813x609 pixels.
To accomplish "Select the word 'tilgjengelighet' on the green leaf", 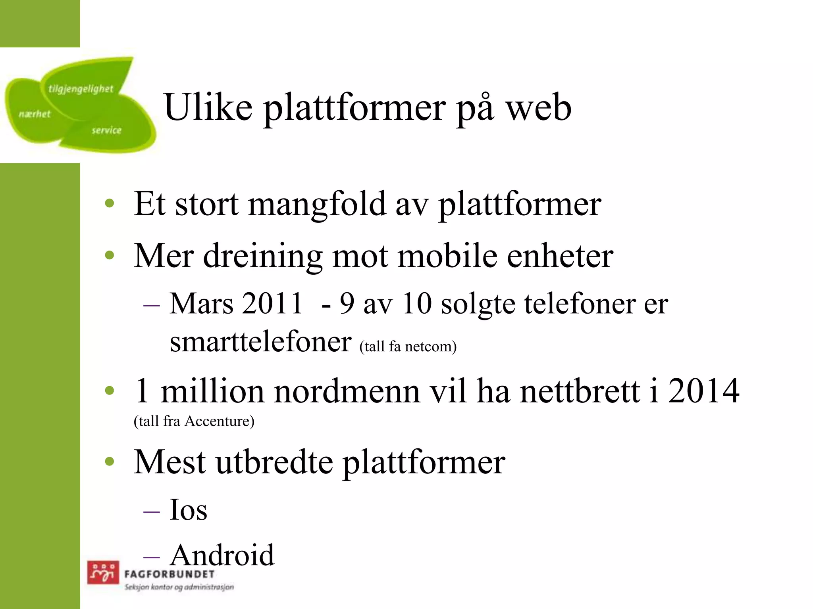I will point(81,89).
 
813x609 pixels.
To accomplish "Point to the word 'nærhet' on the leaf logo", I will point(35,114).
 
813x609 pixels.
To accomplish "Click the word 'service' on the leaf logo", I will point(106,130).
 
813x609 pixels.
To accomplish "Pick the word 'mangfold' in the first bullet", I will point(317,205).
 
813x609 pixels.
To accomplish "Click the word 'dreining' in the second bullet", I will point(262,256).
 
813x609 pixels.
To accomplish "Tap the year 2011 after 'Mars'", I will point(272,304).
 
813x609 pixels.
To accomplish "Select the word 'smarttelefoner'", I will point(260,342).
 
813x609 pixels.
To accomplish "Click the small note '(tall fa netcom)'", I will point(408,347).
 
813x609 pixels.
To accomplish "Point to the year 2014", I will point(703,391).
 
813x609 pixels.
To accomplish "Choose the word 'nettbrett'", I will point(580,391).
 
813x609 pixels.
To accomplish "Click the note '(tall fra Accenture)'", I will point(194,421).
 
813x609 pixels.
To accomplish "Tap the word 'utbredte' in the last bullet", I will point(274,462).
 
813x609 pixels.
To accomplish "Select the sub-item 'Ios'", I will point(188,510).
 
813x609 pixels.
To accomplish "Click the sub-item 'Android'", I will point(222,555).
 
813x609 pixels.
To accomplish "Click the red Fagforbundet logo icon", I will point(103,572).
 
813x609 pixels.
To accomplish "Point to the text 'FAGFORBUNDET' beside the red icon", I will point(170,574).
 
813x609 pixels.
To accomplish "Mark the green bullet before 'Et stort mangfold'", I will point(110,204).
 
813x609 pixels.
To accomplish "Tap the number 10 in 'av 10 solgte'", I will point(417,304).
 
